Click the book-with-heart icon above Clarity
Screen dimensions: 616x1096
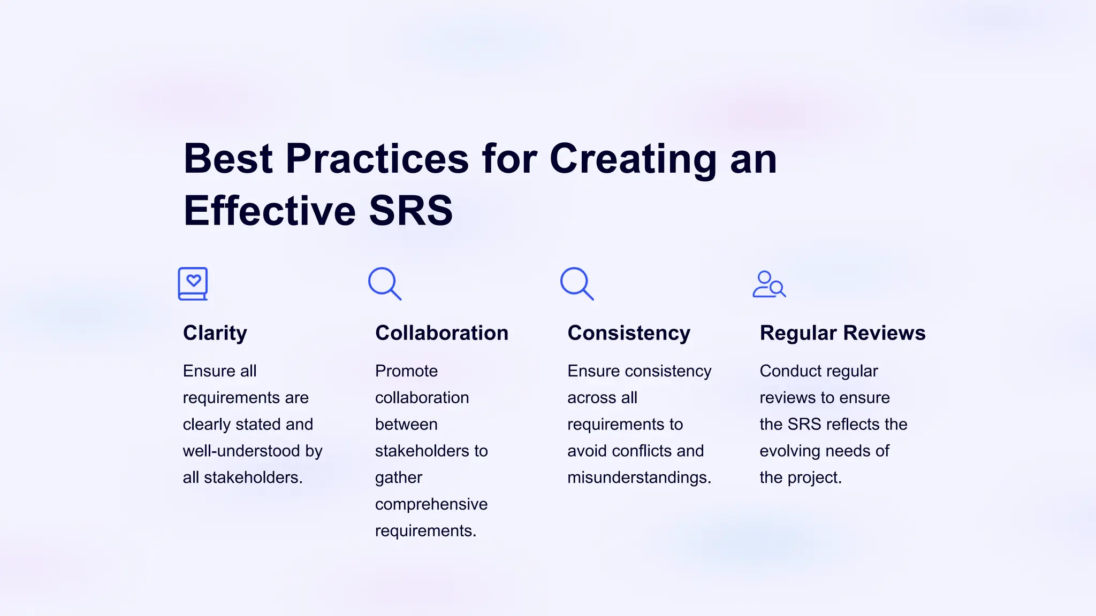click(193, 284)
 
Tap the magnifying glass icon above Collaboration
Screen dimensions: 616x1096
click(384, 283)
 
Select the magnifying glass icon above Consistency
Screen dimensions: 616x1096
click(576, 283)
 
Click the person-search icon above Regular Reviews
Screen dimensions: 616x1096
click(768, 284)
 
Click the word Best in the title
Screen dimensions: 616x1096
click(229, 159)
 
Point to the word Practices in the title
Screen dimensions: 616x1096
click(377, 159)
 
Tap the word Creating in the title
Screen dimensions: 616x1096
click(633, 159)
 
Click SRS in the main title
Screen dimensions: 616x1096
click(410, 211)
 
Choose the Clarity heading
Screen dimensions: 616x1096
click(215, 333)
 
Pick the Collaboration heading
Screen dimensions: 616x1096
click(442, 333)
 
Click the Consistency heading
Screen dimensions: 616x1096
click(629, 333)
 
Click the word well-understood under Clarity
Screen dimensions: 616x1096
click(241, 451)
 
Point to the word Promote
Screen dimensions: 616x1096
click(406, 371)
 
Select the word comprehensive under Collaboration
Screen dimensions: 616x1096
click(431, 504)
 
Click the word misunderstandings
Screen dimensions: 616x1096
click(639, 477)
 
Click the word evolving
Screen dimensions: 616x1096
click(789, 451)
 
